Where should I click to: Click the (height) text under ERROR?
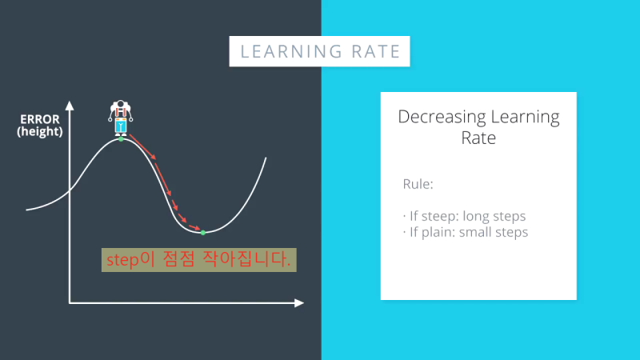(x=39, y=132)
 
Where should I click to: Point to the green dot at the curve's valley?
(x=202, y=232)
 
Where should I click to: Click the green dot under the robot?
(x=122, y=138)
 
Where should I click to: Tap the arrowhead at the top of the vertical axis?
(x=70, y=105)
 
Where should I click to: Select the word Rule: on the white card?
(x=418, y=184)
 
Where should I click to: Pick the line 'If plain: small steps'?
(x=466, y=233)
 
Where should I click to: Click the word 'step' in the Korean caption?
(x=122, y=260)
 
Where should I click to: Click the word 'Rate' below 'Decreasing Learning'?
(x=478, y=138)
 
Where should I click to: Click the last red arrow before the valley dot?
(x=192, y=226)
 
